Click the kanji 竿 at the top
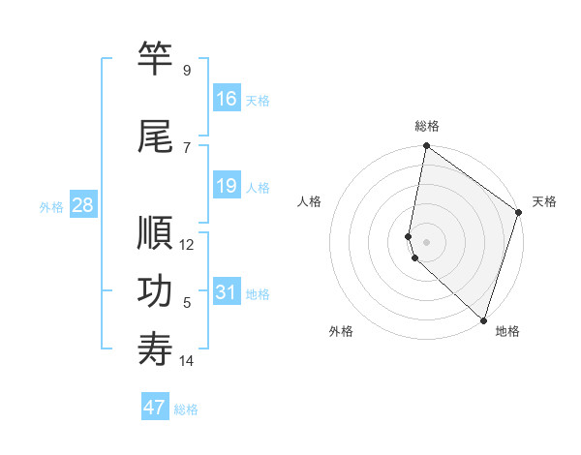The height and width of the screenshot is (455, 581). pyautogui.click(x=156, y=59)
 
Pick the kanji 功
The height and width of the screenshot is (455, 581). pyautogui.click(x=156, y=292)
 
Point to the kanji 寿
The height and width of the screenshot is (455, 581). pyautogui.click(x=156, y=350)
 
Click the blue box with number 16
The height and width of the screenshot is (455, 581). pyautogui.click(x=227, y=99)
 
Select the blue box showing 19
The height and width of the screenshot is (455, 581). pyautogui.click(x=227, y=186)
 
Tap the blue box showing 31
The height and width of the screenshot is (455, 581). pyautogui.click(x=227, y=292)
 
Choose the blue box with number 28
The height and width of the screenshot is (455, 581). pyautogui.click(x=81, y=205)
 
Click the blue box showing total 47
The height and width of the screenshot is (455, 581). pyautogui.click(x=155, y=408)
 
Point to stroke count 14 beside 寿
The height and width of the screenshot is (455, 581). pyautogui.click(x=187, y=361)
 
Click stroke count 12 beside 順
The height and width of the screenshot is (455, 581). pyautogui.click(x=187, y=244)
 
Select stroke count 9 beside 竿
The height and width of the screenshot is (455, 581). pyautogui.click(x=186, y=70)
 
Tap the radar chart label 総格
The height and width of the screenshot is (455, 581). pyautogui.click(x=427, y=126)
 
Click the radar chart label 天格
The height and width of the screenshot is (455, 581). pyautogui.click(x=544, y=201)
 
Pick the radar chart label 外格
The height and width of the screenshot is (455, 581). pyautogui.click(x=341, y=331)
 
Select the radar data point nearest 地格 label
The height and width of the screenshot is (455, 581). pyautogui.click(x=483, y=319)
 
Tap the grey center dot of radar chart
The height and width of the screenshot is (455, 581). pyautogui.click(x=427, y=241)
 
